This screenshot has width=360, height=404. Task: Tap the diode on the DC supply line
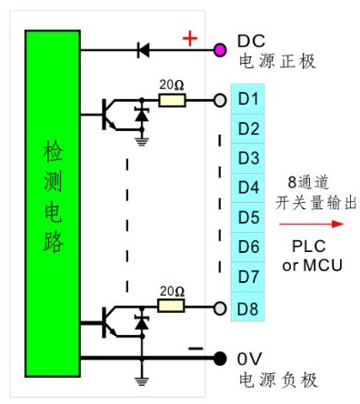(142, 50)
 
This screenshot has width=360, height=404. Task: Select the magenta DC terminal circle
(219, 49)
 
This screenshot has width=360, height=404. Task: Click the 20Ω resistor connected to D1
(172, 99)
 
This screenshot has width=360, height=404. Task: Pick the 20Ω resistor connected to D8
(172, 307)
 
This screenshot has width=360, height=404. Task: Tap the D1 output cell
(249, 98)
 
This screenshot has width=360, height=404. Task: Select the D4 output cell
(249, 187)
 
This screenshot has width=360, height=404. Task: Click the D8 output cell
(249, 307)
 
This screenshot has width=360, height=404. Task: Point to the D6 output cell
(249, 247)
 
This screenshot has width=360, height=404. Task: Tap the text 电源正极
(275, 62)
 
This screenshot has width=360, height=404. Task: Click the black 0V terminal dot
(219, 358)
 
